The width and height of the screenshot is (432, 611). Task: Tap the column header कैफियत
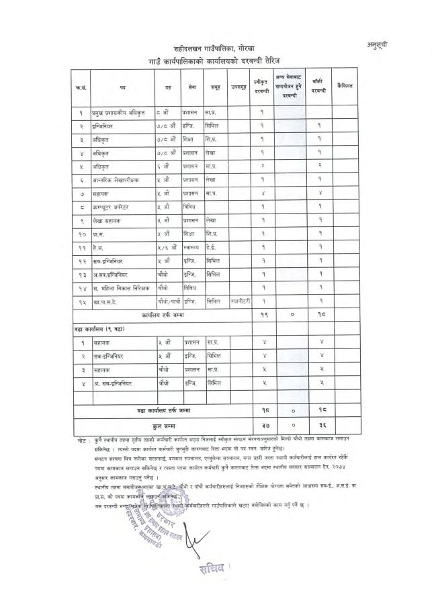tap(346, 86)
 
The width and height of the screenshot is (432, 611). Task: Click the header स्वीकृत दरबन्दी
tap(261, 87)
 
